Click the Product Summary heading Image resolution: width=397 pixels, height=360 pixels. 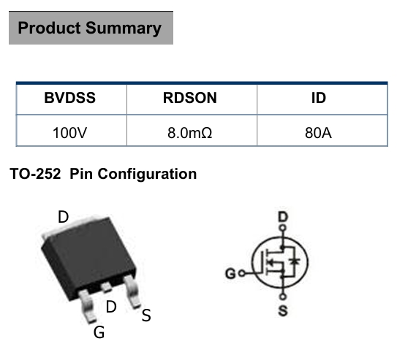pos(90,28)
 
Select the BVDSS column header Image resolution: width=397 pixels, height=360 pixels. pos(70,98)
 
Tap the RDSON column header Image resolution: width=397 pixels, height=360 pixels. pos(190,98)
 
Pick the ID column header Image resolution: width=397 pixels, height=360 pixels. pos(319,98)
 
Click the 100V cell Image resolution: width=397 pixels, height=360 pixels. pos(70,133)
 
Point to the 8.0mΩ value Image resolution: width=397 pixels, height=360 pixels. pos(190,133)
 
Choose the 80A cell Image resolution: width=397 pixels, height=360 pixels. pos(318,133)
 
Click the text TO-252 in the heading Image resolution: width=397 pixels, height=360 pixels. pos(35,174)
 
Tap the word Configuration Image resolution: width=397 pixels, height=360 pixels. pos(147,175)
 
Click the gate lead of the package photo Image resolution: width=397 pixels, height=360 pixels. pos(88,307)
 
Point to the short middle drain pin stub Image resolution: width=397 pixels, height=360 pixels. pos(106,288)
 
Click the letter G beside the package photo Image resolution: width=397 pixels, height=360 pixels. pos(99,332)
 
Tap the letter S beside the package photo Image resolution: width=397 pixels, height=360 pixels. pos(146,315)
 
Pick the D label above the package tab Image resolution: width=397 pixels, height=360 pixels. pos(63,217)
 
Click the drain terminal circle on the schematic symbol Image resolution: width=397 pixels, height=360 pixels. pos(283,228)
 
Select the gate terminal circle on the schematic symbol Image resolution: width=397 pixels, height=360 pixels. pos(242,273)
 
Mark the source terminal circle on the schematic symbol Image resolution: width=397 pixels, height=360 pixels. pos(283,296)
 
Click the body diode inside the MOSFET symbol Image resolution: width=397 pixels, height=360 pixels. pos(295,261)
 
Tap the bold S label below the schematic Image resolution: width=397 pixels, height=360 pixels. pos(283,310)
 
